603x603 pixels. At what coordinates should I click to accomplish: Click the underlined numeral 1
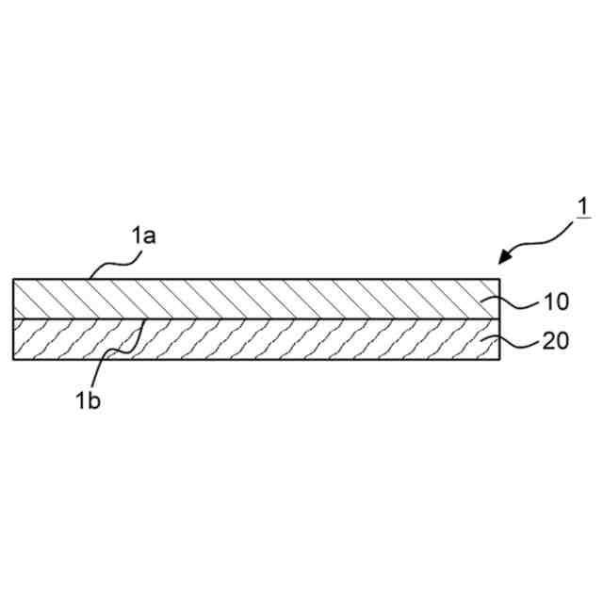tap(584, 205)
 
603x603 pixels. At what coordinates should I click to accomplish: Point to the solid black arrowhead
tap(509, 254)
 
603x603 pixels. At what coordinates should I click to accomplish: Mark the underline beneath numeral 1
tap(584, 219)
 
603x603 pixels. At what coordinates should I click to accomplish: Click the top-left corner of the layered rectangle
tap(13, 279)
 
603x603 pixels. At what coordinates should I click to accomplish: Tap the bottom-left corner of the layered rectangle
tap(13, 359)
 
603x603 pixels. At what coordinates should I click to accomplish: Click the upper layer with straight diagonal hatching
tap(254, 299)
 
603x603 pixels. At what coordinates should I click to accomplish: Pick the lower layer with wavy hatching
tap(254, 339)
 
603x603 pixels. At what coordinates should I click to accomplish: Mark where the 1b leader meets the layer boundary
tap(142, 319)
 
